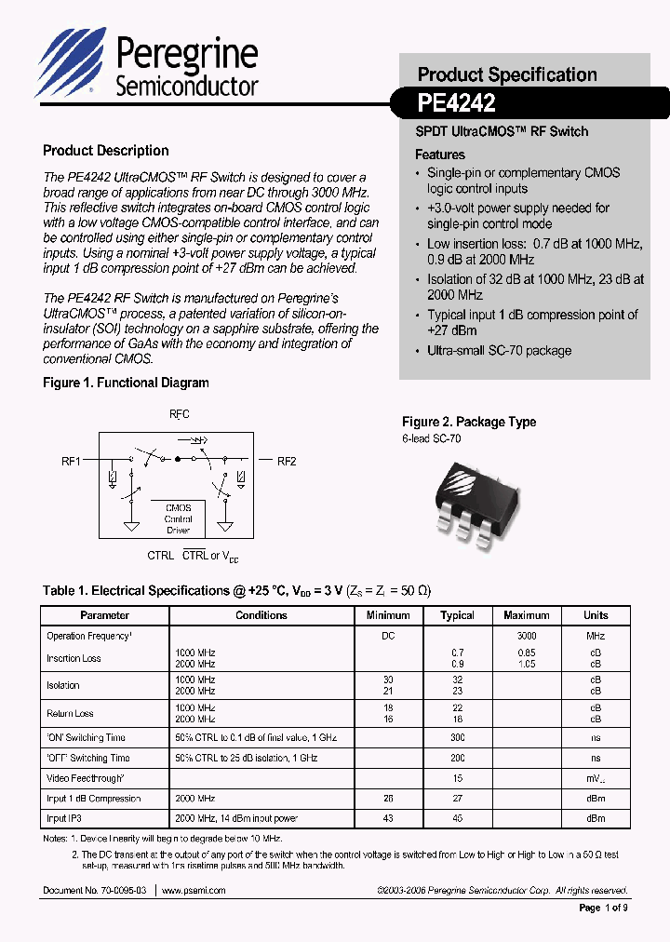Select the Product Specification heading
point(506,74)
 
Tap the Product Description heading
point(106,151)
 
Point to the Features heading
point(439,155)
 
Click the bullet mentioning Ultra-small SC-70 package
point(499,351)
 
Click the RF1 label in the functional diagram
point(72,461)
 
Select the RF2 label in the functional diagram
point(286,461)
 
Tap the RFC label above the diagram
point(179,414)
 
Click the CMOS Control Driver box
point(179,518)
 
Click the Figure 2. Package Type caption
point(468,422)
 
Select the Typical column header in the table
point(457,615)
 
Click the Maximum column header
point(527,615)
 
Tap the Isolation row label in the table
point(63,685)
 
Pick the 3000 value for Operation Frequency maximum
point(527,637)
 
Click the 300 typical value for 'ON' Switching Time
point(457,737)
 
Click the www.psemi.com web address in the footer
point(194,891)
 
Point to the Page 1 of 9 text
point(603,908)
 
